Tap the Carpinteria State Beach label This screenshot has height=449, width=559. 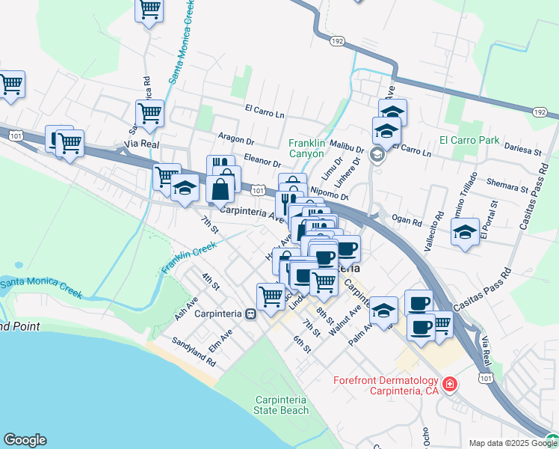click(281, 405)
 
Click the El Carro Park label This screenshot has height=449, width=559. click(469, 140)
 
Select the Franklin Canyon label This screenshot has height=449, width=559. click(307, 147)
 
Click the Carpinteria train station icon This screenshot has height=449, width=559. click(251, 314)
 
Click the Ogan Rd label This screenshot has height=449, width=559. click(407, 218)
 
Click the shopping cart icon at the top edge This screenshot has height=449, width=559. click(149, 10)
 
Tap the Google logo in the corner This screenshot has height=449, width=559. click(25, 440)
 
